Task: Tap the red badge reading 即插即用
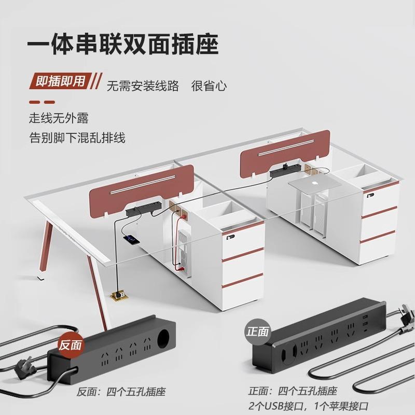(60, 82)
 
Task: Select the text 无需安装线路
(143, 86)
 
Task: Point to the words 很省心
(209, 86)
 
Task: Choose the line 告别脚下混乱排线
(77, 138)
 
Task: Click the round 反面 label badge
(70, 344)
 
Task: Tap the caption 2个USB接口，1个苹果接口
(309, 405)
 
